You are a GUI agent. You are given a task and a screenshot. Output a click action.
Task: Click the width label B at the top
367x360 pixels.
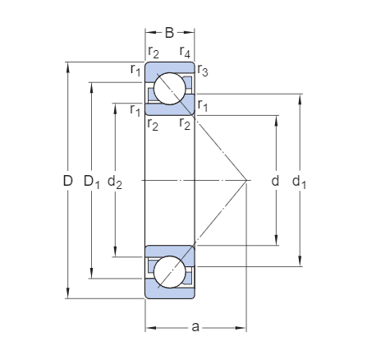point(169,33)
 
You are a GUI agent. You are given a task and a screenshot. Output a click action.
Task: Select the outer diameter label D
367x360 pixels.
point(68,181)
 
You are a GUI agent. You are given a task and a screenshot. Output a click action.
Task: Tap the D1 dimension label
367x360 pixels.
point(92,182)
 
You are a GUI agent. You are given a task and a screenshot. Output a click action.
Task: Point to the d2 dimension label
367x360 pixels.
point(115,182)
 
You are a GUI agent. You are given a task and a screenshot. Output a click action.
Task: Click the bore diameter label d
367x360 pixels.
point(275,181)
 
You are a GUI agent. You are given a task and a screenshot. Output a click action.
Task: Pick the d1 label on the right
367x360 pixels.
point(299,182)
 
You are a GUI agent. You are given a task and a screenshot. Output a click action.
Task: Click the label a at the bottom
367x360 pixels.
point(195,326)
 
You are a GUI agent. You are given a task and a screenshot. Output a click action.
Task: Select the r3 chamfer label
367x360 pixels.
point(203,70)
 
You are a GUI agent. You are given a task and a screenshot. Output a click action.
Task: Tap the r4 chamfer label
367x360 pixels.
point(185,52)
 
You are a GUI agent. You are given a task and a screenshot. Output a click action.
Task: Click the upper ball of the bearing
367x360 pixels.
point(170,89)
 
